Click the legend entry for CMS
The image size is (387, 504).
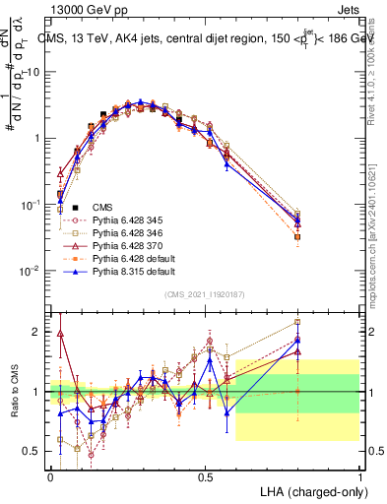click(102, 207)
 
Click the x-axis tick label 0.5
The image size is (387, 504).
click(205, 475)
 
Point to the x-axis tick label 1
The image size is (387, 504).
click(359, 475)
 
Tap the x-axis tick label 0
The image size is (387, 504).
click(50, 475)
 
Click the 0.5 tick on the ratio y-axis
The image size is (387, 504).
click(35, 452)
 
